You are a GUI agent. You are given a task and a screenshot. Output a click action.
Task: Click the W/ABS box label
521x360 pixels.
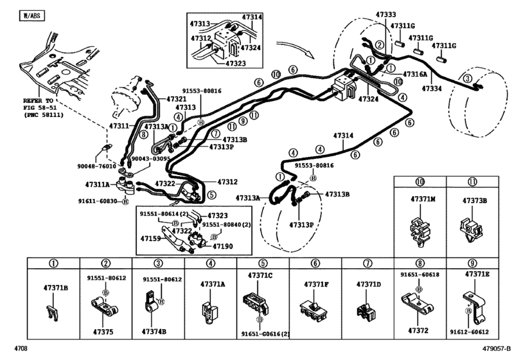(x=32, y=15)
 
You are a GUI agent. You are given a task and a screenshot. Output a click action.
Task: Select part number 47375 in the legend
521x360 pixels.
(x=103, y=332)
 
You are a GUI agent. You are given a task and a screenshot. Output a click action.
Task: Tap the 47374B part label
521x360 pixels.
(x=154, y=332)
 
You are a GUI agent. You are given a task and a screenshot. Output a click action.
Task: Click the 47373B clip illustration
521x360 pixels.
(x=471, y=229)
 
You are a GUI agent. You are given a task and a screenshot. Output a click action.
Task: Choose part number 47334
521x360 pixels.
(x=432, y=89)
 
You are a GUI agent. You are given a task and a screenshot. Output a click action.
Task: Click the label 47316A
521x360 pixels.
(x=415, y=74)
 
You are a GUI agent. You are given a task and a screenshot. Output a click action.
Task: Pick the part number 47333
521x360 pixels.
(x=385, y=14)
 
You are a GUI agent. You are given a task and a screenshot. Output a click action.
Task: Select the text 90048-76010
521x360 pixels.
(x=97, y=166)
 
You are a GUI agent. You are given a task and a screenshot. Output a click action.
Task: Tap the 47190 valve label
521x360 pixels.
(x=223, y=246)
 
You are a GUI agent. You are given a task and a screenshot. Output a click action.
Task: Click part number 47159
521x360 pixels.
(x=150, y=239)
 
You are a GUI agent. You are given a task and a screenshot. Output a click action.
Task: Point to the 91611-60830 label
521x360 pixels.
(x=98, y=201)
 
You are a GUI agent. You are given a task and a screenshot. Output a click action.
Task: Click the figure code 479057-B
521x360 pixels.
(x=497, y=348)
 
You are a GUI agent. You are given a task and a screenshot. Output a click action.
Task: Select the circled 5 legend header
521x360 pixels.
(x=263, y=264)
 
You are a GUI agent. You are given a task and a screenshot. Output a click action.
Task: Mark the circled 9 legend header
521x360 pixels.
(x=472, y=264)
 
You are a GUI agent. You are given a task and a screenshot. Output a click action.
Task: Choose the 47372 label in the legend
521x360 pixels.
(x=418, y=330)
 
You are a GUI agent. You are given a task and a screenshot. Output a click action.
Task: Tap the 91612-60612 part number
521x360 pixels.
(x=469, y=332)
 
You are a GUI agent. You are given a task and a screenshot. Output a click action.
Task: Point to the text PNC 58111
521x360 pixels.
(x=44, y=114)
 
